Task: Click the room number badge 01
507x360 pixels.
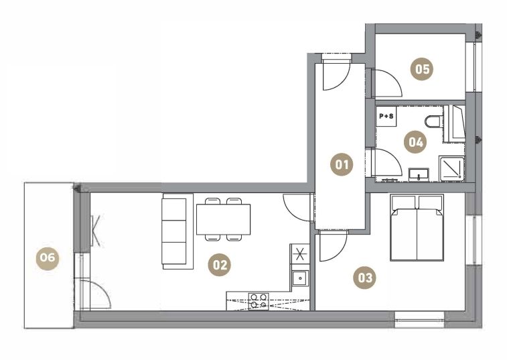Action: (x=342, y=164)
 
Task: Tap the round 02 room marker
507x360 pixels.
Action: (x=220, y=265)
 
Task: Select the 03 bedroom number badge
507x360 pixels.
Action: (x=365, y=278)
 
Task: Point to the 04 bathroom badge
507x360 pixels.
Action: (x=415, y=142)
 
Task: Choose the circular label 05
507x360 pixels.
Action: (x=423, y=69)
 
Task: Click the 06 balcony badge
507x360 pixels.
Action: (x=48, y=257)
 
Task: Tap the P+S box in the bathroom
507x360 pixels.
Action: (x=386, y=116)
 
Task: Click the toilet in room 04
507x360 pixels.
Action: (x=433, y=122)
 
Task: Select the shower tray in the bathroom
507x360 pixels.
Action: (x=451, y=169)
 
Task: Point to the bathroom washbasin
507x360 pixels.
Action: (x=419, y=174)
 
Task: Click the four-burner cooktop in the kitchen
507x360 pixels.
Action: (x=259, y=301)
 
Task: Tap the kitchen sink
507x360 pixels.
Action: (x=301, y=278)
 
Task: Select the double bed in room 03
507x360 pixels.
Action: (x=417, y=227)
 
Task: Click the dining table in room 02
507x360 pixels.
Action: (x=224, y=219)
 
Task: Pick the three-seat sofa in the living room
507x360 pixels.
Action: (x=177, y=231)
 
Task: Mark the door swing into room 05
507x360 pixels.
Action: (x=386, y=83)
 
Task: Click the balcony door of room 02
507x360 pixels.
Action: (x=94, y=294)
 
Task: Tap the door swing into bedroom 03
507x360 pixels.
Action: (x=333, y=245)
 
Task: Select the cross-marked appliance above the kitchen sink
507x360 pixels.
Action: (x=300, y=253)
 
